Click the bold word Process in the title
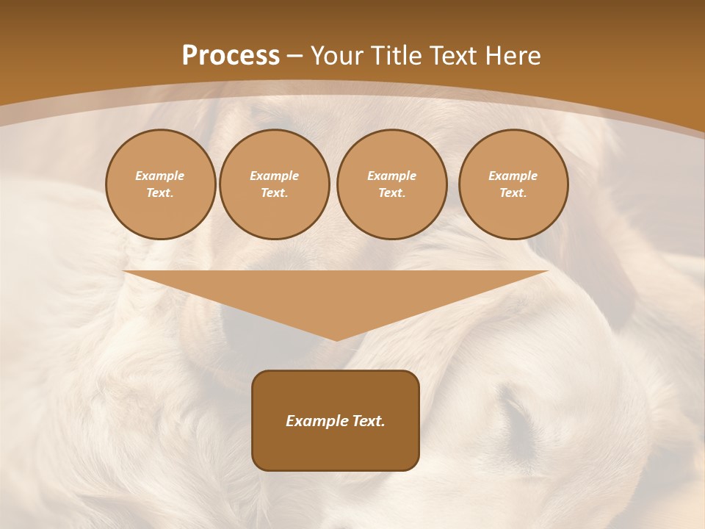[x=231, y=56]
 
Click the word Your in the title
[x=337, y=56]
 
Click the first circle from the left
[x=160, y=184]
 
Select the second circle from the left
[x=274, y=184]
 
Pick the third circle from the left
[x=391, y=184]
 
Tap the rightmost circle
[x=513, y=184]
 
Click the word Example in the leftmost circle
[x=160, y=176]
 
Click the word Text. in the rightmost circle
[x=513, y=193]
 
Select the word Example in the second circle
[x=274, y=176]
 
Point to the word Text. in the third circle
[x=391, y=193]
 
